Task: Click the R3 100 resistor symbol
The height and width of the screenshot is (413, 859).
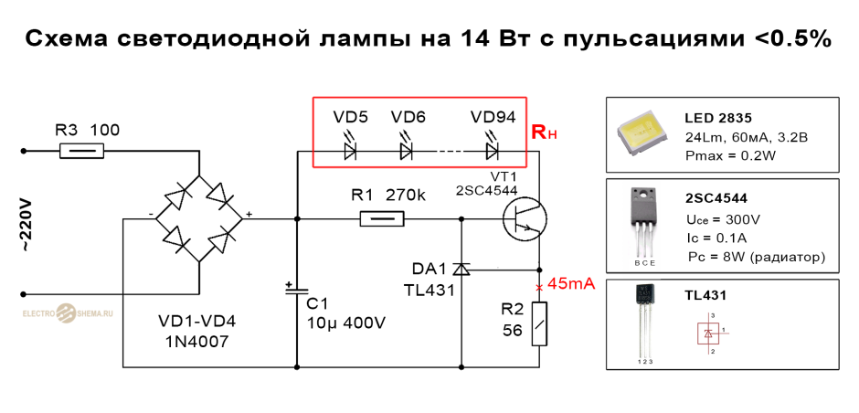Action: tap(80, 152)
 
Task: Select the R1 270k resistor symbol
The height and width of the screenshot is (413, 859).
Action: tap(382, 218)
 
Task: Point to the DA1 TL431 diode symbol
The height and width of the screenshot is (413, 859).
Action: tap(462, 269)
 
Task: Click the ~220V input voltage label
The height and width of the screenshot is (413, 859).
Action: tap(26, 224)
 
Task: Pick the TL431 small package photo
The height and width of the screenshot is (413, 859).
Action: tap(643, 320)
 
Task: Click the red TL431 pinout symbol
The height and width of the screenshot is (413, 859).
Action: tap(710, 333)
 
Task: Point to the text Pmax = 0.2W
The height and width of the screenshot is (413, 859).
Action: tap(730, 155)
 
